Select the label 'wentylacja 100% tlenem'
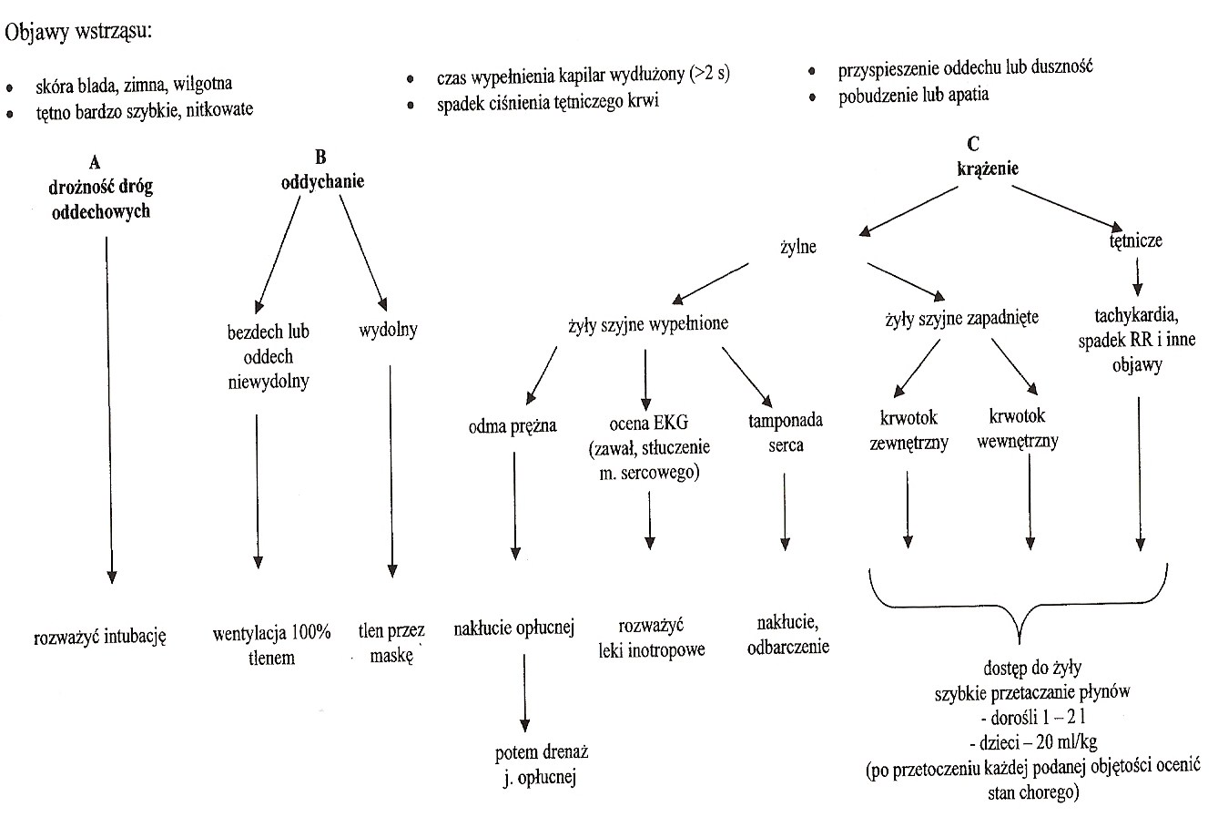271,645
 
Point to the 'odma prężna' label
513,425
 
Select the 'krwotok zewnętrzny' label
910,430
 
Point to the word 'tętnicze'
1136,241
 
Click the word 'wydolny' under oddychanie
389,330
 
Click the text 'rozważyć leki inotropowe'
652,638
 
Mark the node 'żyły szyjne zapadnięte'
961,320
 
